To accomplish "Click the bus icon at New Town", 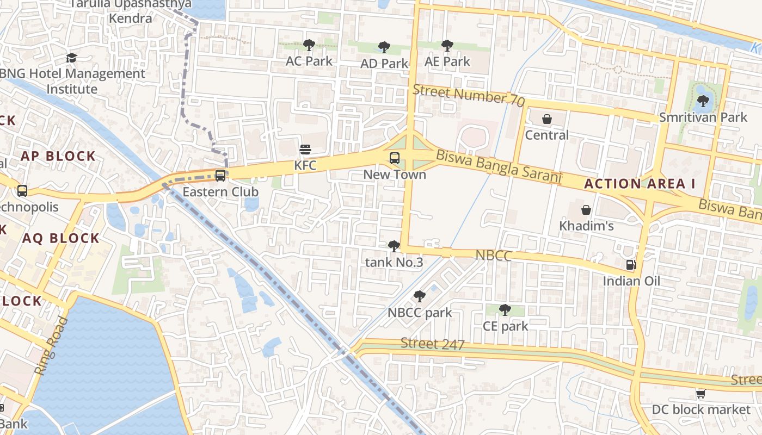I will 395,159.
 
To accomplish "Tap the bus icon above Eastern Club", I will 220,176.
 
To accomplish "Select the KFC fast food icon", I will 305,150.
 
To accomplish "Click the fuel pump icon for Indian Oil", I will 631,265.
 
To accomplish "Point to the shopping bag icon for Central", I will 547,119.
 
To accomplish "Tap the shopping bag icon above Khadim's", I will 586,210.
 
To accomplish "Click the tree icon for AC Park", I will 309,45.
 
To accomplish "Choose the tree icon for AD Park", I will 384,47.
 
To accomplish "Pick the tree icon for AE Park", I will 447,46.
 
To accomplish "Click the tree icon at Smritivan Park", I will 703,101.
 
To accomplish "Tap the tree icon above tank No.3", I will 394,246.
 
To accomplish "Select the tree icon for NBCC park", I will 419,296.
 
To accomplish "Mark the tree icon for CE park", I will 505,310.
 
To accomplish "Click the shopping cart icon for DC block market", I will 701,394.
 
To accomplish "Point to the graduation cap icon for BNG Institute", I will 71,58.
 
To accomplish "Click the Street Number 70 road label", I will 469,96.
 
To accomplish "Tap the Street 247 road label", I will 433,344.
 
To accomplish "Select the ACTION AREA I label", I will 640,184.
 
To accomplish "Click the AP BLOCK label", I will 58,157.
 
